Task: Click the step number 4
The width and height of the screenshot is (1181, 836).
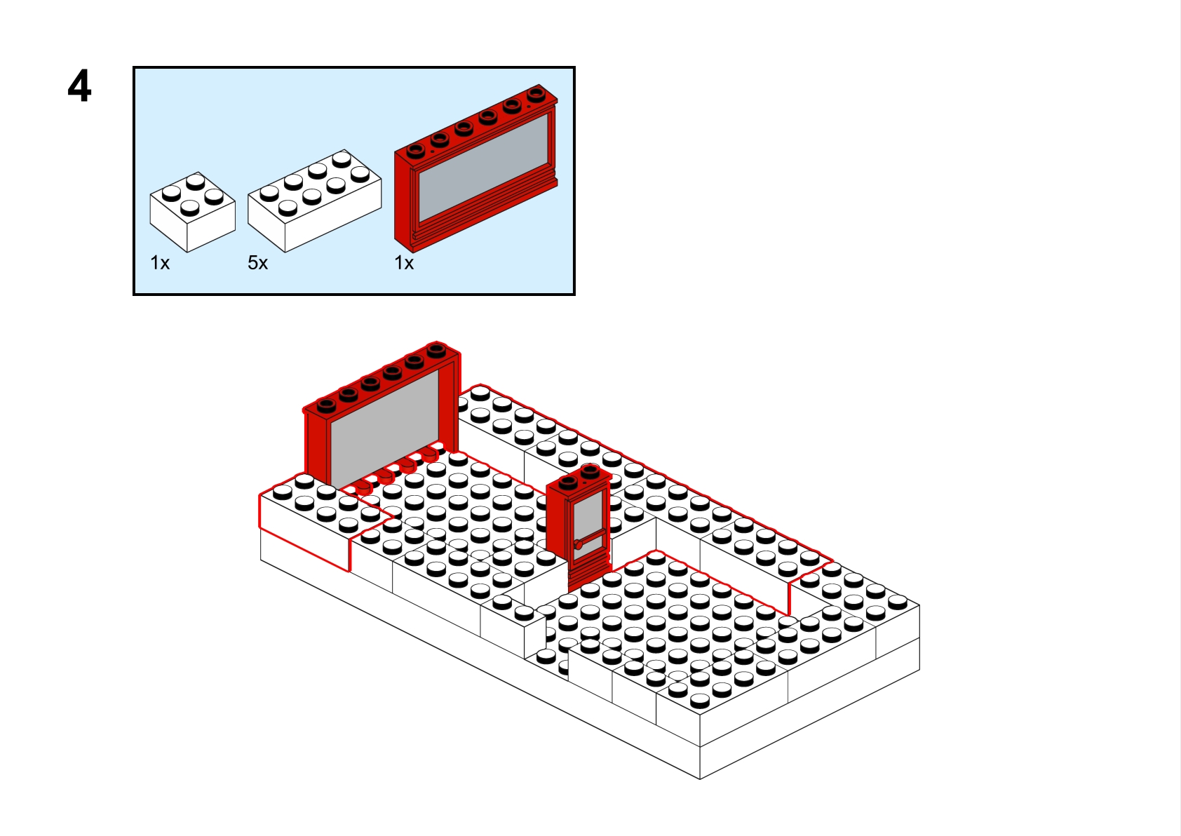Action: point(80,86)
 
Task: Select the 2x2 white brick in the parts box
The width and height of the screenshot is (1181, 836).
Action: point(192,212)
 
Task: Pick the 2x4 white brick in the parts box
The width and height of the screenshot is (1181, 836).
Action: point(314,201)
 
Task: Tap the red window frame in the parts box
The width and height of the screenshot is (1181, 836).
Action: point(475,168)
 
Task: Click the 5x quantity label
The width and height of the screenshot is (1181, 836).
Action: point(258,262)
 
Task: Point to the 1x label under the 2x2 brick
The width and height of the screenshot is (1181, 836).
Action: point(160,262)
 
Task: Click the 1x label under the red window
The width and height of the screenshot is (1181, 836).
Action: point(404,262)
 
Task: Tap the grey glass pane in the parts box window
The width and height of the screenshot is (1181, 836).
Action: point(483,168)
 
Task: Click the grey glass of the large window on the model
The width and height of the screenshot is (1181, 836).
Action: point(384,428)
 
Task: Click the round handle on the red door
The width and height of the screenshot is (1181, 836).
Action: point(579,544)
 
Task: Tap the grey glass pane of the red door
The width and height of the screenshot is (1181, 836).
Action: point(589,522)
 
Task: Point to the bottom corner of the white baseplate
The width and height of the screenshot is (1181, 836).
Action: point(700,778)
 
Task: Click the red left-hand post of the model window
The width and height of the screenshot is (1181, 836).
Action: point(317,449)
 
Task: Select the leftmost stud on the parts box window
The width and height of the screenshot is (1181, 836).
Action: point(415,151)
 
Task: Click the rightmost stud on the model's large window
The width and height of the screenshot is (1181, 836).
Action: point(436,349)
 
